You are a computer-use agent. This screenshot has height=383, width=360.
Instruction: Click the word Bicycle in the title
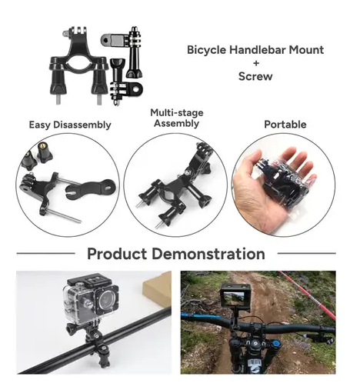tap(207, 50)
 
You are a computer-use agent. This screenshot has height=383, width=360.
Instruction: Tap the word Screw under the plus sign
tap(255, 76)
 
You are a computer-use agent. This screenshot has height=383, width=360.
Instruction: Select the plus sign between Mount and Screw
tap(256, 63)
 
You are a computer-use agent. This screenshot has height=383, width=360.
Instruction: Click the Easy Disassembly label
tap(70, 125)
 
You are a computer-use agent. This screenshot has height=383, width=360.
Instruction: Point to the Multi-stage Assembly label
tap(177, 118)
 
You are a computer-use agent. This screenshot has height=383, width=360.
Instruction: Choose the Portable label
tap(285, 125)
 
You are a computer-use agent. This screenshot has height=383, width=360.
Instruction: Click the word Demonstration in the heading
tap(208, 254)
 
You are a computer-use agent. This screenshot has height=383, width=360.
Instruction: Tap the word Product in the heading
tap(117, 254)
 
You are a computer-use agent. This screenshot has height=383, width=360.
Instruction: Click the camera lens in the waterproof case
tap(106, 298)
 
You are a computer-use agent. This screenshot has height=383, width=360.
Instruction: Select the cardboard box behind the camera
tap(158, 288)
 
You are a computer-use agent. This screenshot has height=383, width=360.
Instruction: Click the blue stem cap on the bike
tap(275, 344)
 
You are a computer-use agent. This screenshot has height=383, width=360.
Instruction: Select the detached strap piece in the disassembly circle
tap(90, 188)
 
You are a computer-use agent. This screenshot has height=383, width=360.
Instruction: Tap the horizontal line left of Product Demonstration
tap(45, 253)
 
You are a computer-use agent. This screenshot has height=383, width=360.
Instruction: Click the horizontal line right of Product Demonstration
tap(307, 253)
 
